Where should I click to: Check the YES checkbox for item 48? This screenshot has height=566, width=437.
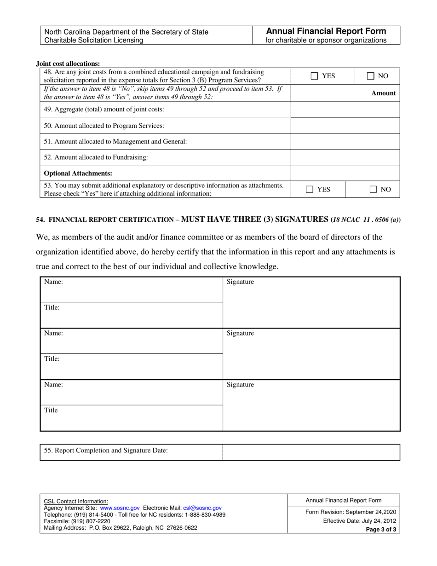point(314,76)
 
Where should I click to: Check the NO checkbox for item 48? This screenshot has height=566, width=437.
point(371,76)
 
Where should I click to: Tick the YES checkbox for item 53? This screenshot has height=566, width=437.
point(310,189)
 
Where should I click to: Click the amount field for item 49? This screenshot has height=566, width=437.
point(345,110)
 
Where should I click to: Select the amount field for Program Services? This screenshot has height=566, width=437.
point(345,126)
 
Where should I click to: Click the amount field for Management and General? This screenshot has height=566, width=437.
point(345,142)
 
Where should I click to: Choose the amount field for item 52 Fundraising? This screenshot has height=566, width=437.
point(345,157)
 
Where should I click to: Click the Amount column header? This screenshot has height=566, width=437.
point(383,93)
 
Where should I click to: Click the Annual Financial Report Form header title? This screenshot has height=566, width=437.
point(327,31)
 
